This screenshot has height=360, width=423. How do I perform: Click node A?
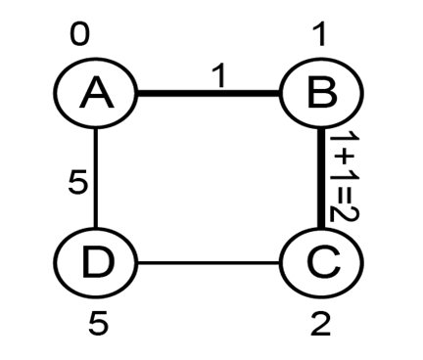tap(95, 93)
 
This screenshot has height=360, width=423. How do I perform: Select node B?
tap(322, 93)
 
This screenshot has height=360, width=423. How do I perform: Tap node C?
tap(322, 262)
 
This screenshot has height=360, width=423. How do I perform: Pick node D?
tap(95, 262)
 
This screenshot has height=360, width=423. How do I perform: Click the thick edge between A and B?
tap(209, 93)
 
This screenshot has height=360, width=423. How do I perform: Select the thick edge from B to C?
tap(321, 178)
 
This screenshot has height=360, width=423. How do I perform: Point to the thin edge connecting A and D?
tap(95, 178)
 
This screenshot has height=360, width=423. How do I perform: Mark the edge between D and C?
tap(209, 262)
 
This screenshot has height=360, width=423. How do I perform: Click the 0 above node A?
tap(79, 35)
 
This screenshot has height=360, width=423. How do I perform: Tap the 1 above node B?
tap(319, 35)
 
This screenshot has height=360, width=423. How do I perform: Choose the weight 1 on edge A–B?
tap(219, 76)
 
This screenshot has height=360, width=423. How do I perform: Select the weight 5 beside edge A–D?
tap(78, 182)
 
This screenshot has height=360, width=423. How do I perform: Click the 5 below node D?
tap(98, 323)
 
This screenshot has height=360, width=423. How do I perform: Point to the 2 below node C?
tap(320, 323)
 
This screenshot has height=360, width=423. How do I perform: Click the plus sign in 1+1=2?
tap(344, 158)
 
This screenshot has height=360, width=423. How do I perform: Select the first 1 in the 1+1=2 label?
tap(344, 140)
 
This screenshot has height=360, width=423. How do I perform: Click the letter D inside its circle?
tap(98, 262)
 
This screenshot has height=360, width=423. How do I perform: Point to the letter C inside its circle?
tap(324, 262)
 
